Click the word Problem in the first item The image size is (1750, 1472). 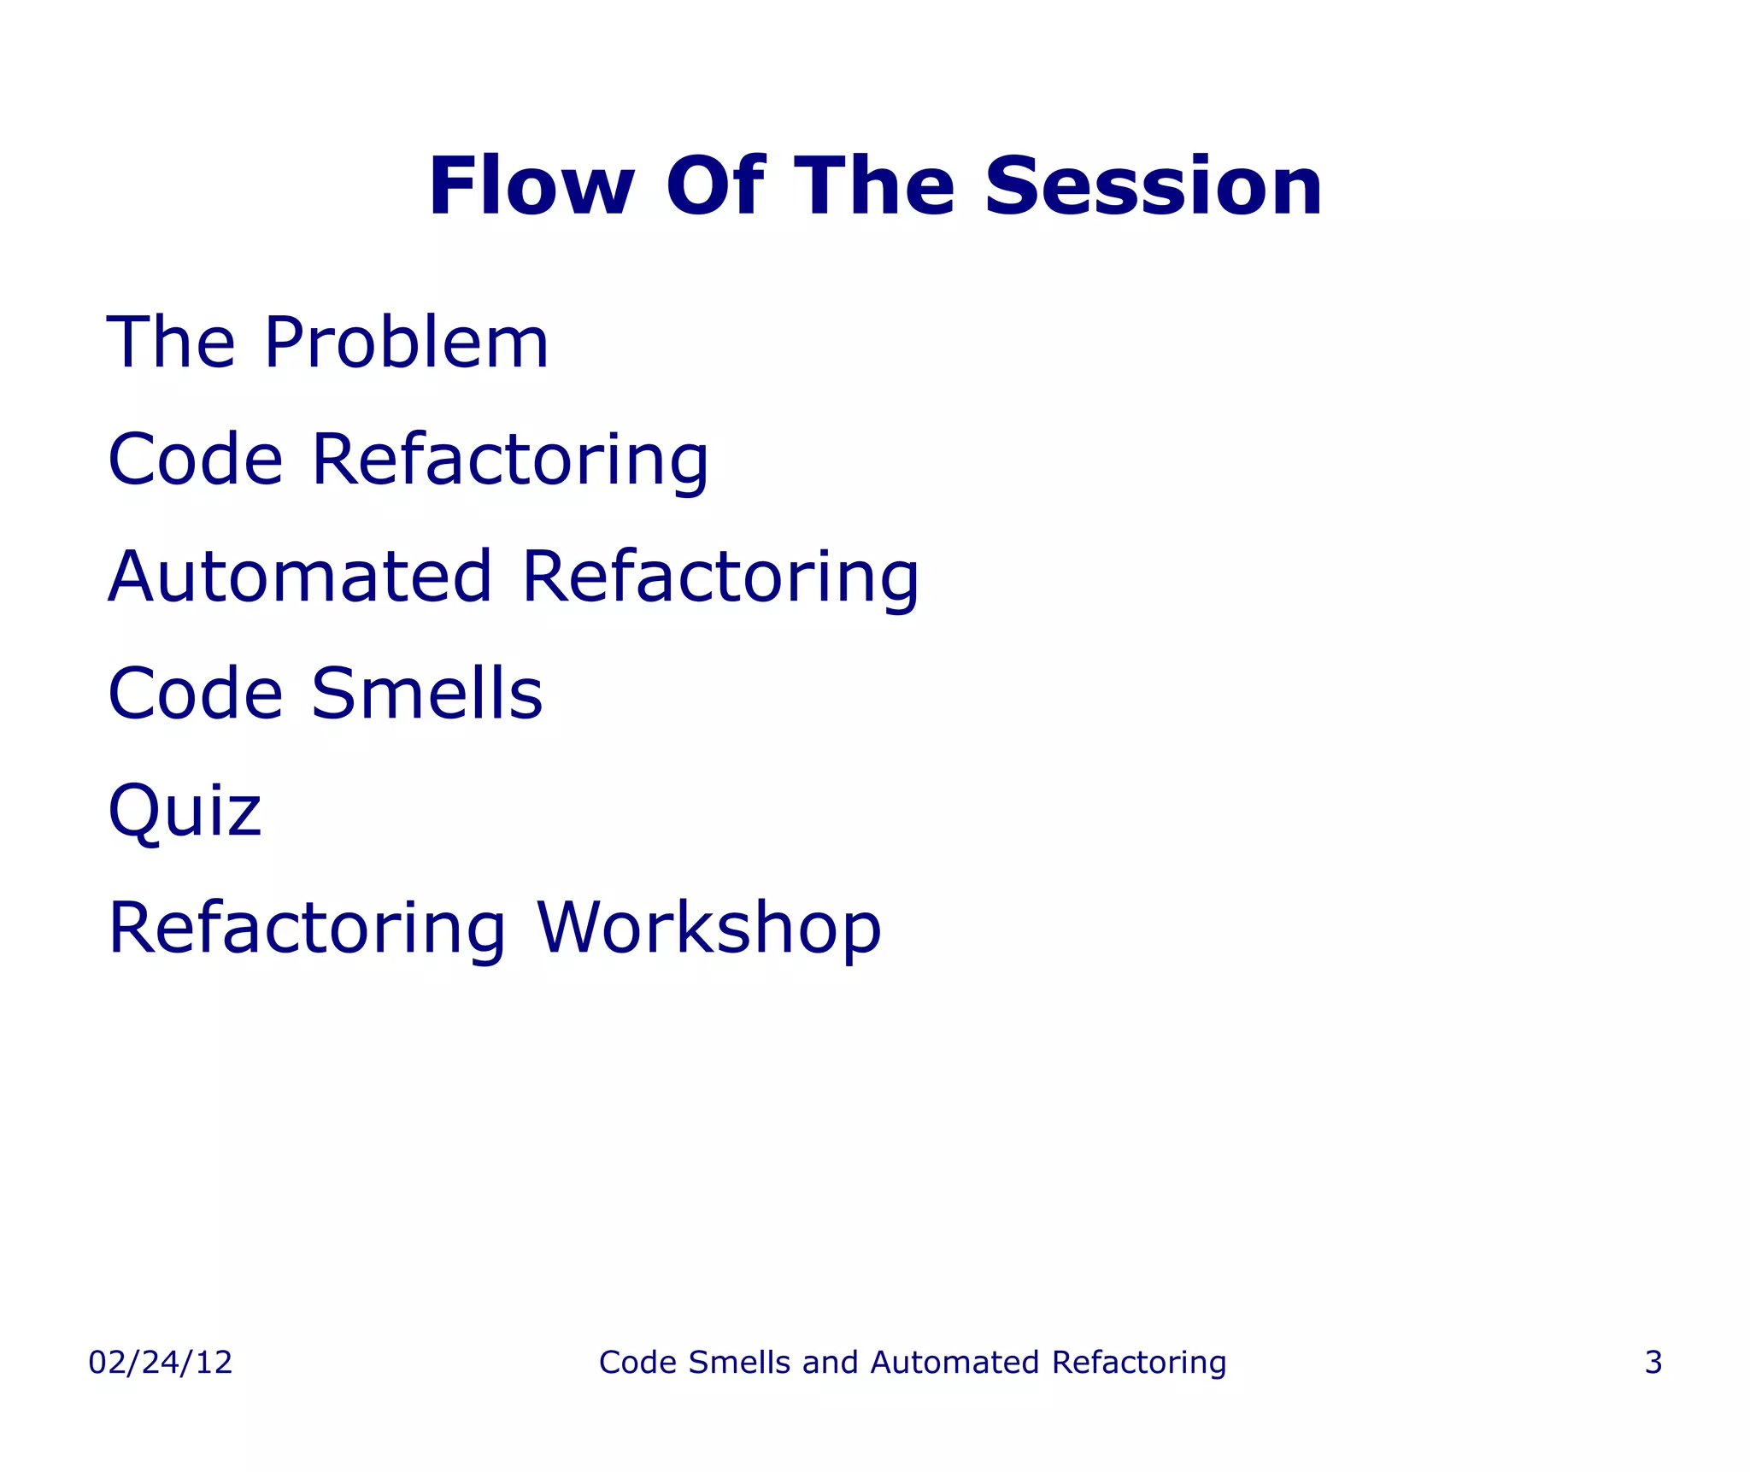click(x=407, y=343)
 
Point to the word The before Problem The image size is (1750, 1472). click(x=171, y=343)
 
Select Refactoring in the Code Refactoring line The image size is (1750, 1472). click(x=510, y=461)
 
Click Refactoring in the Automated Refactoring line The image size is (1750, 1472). click(x=720, y=578)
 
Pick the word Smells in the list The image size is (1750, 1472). click(x=426, y=694)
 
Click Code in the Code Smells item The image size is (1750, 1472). click(x=195, y=694)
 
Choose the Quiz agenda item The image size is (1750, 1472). click(x=185, y=812)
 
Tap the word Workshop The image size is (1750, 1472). click(x=708, y=929)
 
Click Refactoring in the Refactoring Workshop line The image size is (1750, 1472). click(x=308, y=930)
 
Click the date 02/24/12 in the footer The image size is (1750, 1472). click(x=160, y=1363)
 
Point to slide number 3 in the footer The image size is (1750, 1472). click(x=1653, y=1363)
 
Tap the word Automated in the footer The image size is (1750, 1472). click(x=956, y=1363)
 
